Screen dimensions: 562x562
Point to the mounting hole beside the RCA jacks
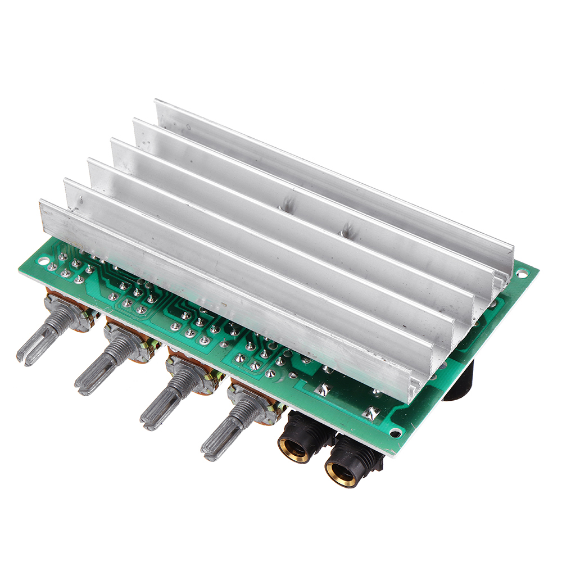tap(396, 432)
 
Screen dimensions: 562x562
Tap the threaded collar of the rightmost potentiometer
tap(247, 407)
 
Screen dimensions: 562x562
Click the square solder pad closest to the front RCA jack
tap(371, 414)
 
